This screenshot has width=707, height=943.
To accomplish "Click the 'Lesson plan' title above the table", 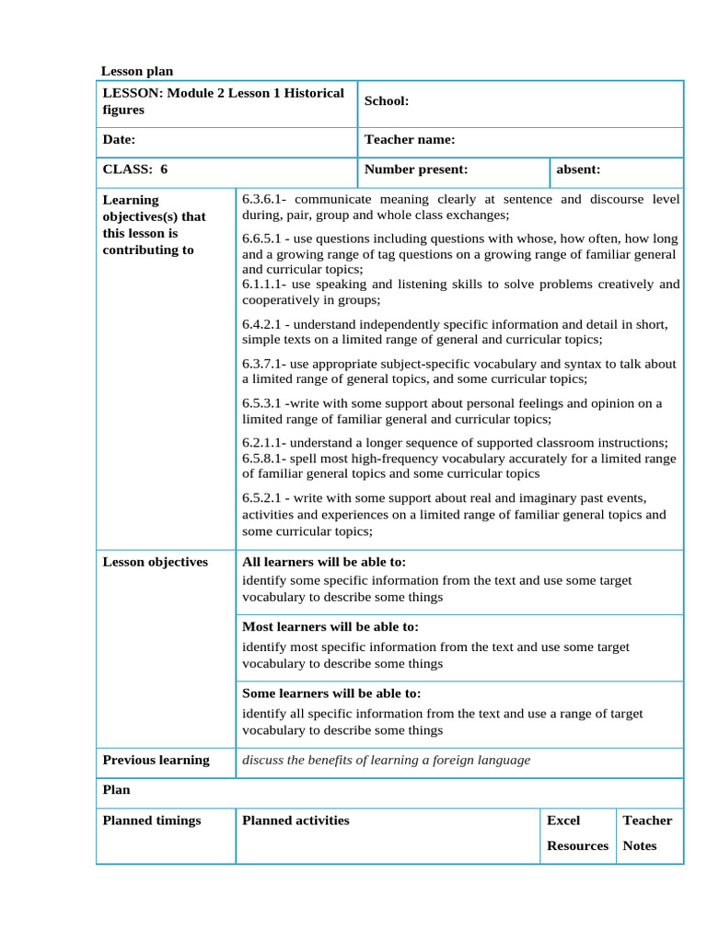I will tap(136, 71).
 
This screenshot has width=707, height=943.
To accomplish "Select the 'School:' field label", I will tap(387, 101).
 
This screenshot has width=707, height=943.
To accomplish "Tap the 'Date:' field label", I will tap(119, 140).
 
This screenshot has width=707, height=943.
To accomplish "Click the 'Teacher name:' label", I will tap(410, 140).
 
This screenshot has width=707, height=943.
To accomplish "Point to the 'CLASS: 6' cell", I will tap(135, 169).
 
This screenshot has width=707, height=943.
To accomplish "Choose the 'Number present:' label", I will tap(416, 169).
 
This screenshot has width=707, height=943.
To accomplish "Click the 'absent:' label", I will tap(578, 169).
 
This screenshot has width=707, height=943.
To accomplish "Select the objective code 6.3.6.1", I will tap(264, 199).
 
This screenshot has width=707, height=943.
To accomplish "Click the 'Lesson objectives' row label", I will tap(155, 563).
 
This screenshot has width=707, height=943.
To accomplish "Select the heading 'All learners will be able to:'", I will tap(323, 563).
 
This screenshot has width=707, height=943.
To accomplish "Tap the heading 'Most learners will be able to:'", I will tap(330, 627).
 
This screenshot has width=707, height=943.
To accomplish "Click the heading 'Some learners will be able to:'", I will tap(330, 693).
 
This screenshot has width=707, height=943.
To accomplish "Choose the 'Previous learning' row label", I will tap(156, 761).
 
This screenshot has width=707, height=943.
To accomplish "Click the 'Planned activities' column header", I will tap(296, 821).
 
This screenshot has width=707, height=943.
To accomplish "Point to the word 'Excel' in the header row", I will tap(563, 821).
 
